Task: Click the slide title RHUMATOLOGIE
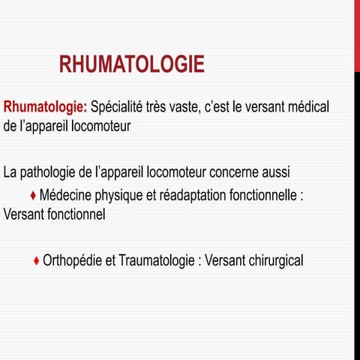click(x=131, y=65)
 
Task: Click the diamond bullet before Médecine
click(x=33, y=196)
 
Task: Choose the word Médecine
click(x=65, y=196)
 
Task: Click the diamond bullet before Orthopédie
click(x=37, y=261)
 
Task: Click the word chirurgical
click(x=274, y=261)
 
